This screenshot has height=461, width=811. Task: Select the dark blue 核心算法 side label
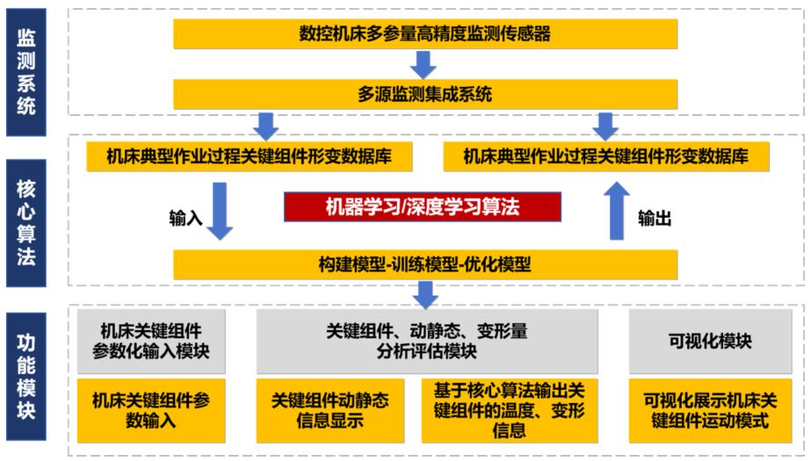pyautogui.click(x=26, y=222)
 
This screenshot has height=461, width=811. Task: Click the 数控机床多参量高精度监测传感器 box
pyautogui.click(x=425, y=33)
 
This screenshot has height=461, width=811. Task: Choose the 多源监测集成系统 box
pyautogui.click(x=425, y=94)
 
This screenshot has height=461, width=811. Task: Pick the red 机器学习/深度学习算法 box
pyautogui.click(x=423, y=207)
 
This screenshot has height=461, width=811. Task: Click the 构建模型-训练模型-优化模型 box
pyautogui.click(x=425, y=264)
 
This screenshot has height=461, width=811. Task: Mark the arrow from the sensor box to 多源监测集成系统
pyautogui.click(x=424, y=64)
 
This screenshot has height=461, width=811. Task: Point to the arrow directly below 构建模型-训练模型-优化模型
pyautogui.click(x=426, y=294)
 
